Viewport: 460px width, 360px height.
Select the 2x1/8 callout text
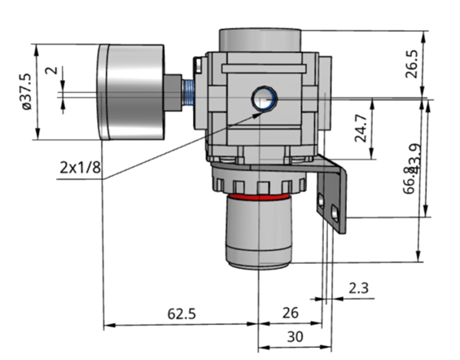click(x=80, y=168)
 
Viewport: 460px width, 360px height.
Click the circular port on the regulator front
click(x=264, y=97)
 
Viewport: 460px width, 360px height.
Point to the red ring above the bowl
click(x=259, y=196)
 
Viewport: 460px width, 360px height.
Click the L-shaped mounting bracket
click(x=334, y=195)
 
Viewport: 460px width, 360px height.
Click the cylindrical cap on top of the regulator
click(x=260, y=39)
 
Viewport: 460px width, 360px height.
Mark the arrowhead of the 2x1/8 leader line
click(x=262, y=113)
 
